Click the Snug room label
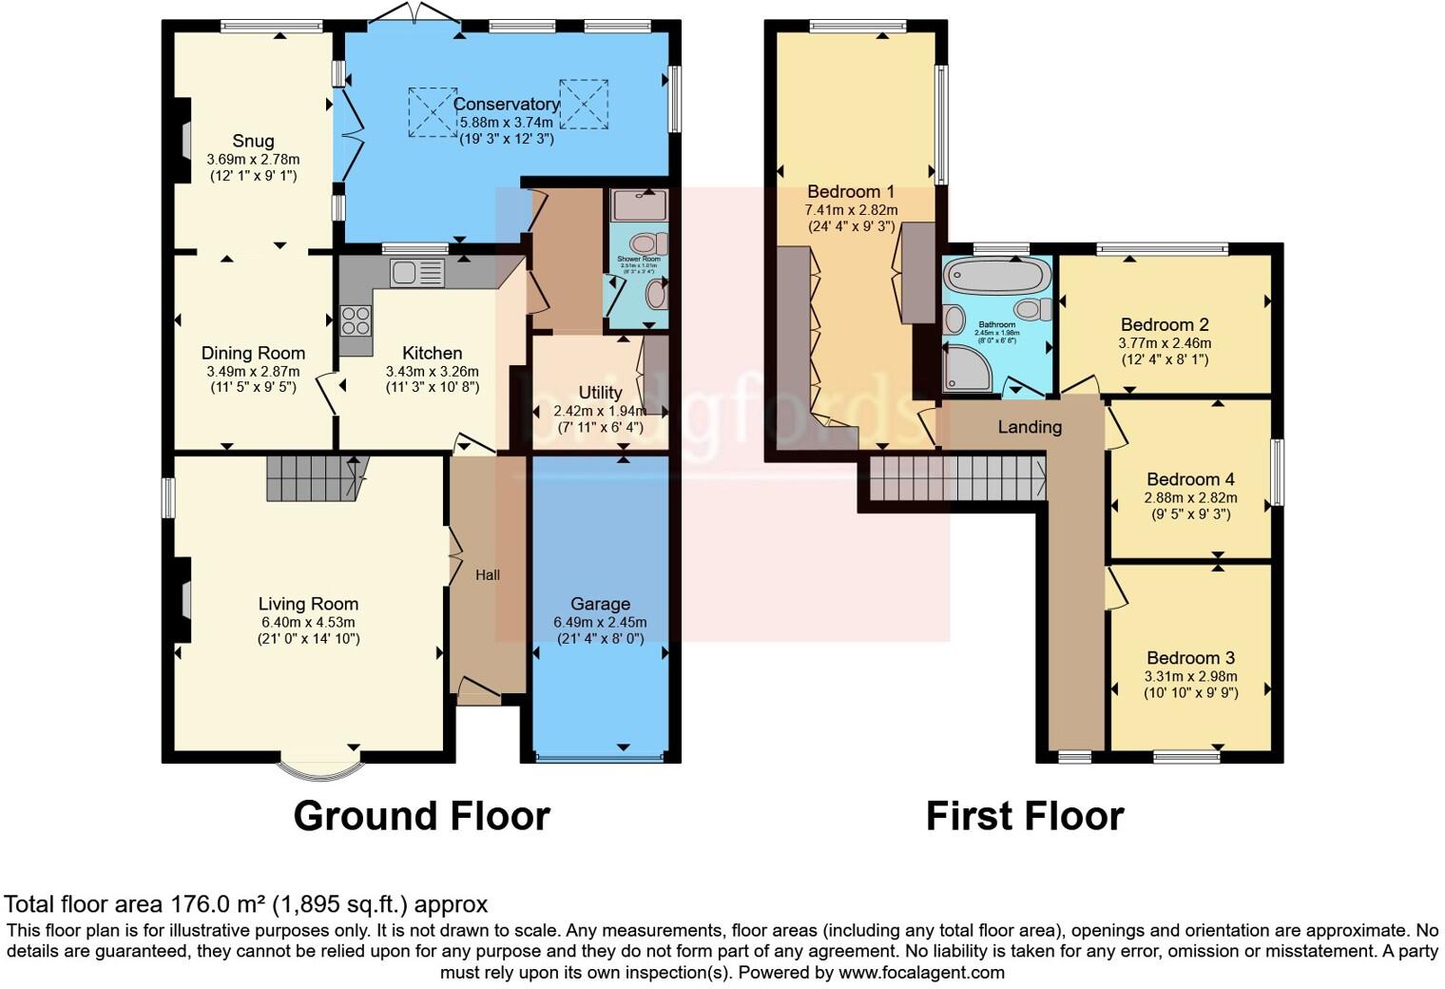[253, 141]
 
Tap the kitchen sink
[416, 274]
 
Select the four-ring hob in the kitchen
[356, 320]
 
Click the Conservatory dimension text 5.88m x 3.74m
[507, 123]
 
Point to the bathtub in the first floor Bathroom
[995, 277]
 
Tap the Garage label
[600, 604]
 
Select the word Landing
[1030, 427]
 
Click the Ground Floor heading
[421, 816]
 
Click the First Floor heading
[1025, 816]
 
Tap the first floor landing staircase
[955, 475]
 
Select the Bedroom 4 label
[1190, 479]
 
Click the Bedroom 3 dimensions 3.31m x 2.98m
[1190, 676]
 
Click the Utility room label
[600, 393]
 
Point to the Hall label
[488, 574]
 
